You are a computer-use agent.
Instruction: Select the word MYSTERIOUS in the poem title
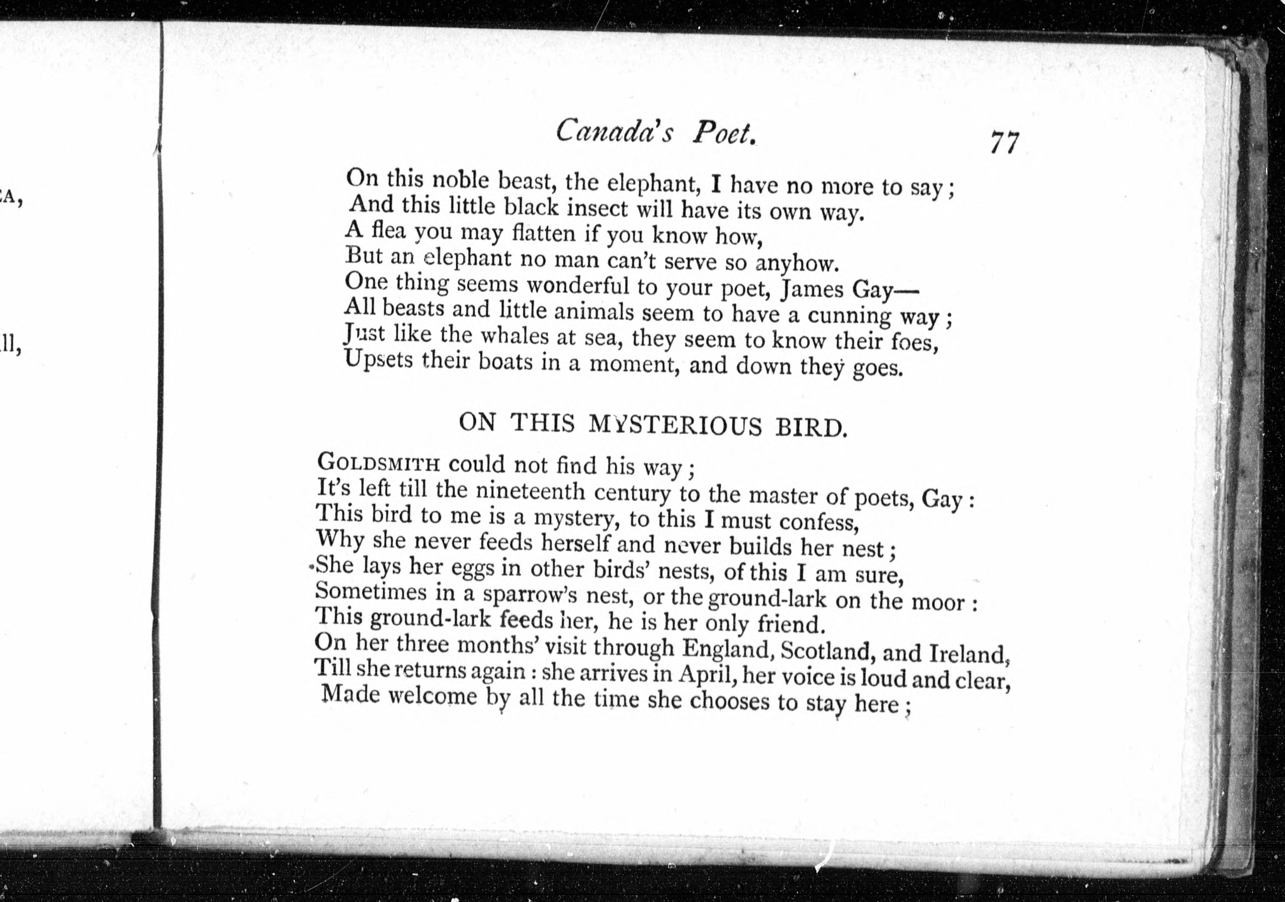tap(675, 425)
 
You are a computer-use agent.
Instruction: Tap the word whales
tap(515, 335)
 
